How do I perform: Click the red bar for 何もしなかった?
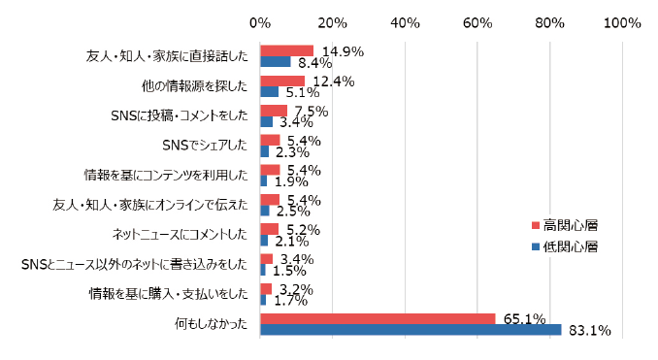[378, 318]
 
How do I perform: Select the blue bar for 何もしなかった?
[411, 330]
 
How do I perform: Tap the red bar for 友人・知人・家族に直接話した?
[287, 50]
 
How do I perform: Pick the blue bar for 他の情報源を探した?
[270, 92]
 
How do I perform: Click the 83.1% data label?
[589, 332]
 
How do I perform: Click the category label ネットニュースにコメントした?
[181, 235]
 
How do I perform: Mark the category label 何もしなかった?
[212, 324]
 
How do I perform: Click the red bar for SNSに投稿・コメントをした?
[275, 111]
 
